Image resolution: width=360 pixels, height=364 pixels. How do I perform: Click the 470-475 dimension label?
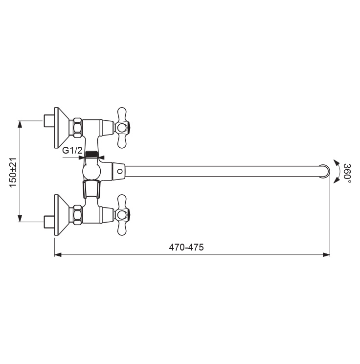[186, 247]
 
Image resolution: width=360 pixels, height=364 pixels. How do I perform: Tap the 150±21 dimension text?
[13, 173]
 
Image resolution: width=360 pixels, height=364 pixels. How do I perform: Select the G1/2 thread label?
[72, 151]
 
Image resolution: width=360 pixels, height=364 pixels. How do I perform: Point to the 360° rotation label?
[347, 173]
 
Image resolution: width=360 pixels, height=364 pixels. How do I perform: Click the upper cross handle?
[122, 127]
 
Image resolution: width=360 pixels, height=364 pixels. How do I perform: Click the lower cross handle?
[122, 215]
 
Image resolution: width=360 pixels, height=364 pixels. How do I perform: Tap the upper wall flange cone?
[62, 127]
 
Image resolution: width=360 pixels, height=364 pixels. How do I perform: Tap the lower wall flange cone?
[62, 215]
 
